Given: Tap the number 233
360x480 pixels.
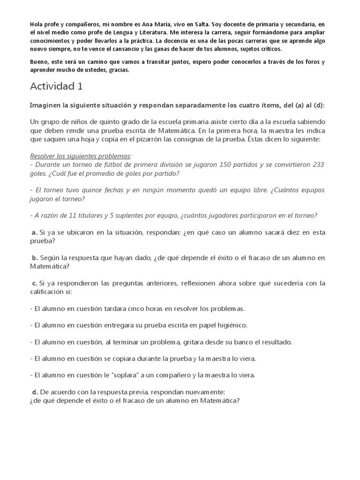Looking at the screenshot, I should click(317, 165).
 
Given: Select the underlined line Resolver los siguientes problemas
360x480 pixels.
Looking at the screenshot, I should click(81, 156).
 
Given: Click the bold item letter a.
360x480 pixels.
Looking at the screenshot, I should click(34, 232).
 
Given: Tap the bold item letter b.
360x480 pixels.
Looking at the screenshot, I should click(35, 258).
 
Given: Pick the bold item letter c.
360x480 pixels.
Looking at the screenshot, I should click(34, 283).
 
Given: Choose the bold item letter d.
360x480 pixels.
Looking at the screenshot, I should click(35, 392).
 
